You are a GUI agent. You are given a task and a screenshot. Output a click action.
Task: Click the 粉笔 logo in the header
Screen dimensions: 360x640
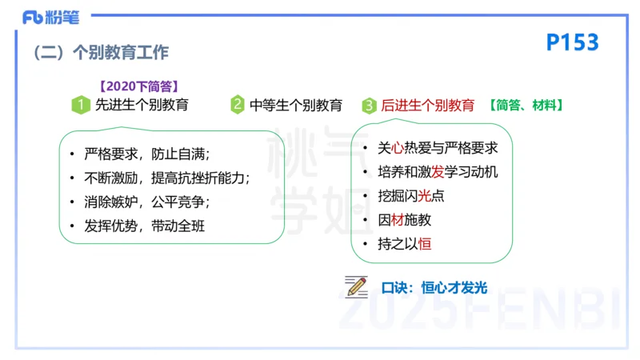pos(46,16)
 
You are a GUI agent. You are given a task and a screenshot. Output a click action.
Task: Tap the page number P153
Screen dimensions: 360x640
pos(572,42)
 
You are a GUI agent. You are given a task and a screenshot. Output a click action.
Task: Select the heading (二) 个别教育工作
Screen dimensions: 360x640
pos(101,53)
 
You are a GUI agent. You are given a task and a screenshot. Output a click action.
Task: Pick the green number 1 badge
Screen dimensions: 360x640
pos(80,105)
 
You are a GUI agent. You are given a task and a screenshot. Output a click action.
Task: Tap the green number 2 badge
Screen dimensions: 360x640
pos(238,105)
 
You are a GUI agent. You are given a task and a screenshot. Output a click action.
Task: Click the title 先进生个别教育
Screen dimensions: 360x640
pos(142,105)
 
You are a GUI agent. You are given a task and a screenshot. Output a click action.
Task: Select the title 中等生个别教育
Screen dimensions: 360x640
pos(296,105)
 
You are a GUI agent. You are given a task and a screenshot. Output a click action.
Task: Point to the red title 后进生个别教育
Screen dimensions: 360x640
pos(427,105)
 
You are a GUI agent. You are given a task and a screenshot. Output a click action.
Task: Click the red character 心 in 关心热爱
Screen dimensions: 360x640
pos(399,148)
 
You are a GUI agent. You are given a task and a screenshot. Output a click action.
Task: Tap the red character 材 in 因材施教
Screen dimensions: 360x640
pos(399,220)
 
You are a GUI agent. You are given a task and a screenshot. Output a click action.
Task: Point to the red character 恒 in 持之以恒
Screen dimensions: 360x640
pos(425,244)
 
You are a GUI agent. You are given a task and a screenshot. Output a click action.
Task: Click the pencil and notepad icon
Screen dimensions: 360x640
pos(356,286)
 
